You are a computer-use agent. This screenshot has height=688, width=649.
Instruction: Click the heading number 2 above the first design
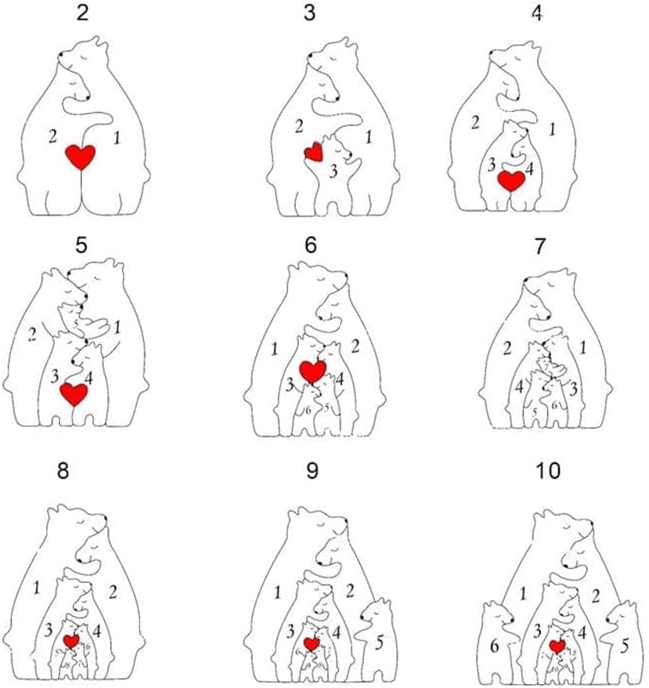pyautogui.click(x=81, y=13)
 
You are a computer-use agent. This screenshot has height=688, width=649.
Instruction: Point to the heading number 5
pyautogui.click(x=81, y=244)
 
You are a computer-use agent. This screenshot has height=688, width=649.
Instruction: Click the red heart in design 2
pyautogui.click(x=80, y=157)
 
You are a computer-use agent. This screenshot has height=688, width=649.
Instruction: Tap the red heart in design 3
pyautogui.click(x=313, y=151)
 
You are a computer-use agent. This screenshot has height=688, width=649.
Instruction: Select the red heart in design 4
pyautogui.click(x=511, y=180)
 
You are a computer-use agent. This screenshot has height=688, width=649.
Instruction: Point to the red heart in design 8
pyautogui.click(x=71, y=640)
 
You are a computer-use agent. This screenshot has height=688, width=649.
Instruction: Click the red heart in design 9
pyautogui.click(x=312, y=643)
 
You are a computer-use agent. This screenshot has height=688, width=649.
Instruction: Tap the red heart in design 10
pyautogui.click(x=557, y=646)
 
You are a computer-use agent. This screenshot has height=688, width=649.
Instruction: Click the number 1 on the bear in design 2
pyautogui.click(x=118, y=139)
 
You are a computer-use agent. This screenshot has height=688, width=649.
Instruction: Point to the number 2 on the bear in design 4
pyautogui.click(x=474, y=121)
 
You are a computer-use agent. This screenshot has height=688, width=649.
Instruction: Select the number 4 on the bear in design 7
pyautogui.click(x=517, y=385)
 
